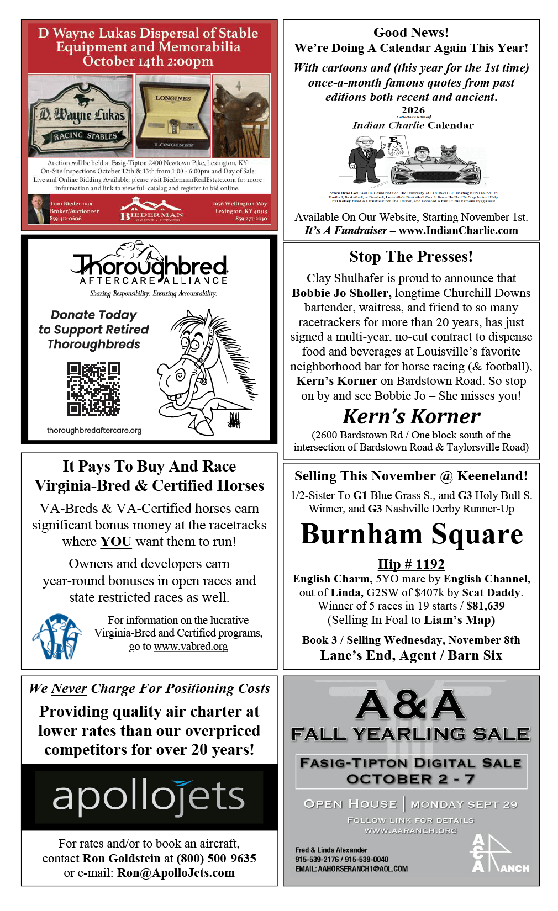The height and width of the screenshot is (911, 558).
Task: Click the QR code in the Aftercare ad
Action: pyautogui.click(x=94, y=388)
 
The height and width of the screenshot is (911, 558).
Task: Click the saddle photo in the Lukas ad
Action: pyautogui.click(x=241, y=116)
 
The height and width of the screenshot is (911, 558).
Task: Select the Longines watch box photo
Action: pyautogui.click(x=173, y=116)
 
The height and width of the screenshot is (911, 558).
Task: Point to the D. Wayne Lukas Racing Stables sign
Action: pyautogui.click(x=81, y=116)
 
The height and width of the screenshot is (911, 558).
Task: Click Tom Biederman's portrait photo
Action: pyautogui.click(x=38, y=210)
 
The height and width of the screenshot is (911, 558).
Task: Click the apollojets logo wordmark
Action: pyautogui.click(x=149, y=797)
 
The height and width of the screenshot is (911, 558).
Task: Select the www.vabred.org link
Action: pyautogui.click(x=191, y=646)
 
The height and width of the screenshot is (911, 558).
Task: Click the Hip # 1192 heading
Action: pyautogui.click(x=411, y=564)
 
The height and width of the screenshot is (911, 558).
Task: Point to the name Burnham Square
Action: pyautogui.click(x=412, y=534)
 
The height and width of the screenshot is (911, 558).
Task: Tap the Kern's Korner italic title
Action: pyautogui.click(x=411, y=416)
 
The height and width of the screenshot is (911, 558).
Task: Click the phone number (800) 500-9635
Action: pyautogui.click(x=217, y=858)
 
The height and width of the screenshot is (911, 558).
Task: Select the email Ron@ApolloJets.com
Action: pyautogui.click(x=176, y=872)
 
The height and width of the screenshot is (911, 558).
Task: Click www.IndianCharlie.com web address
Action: pyautogui.click(x=458, y=230)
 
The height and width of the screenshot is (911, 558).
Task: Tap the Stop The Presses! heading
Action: pyautogui.click(x=411, y=257)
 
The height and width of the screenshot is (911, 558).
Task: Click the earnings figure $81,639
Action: pyautogui.click(x=486, y=606)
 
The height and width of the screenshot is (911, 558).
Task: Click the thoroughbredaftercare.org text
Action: pyautogui.click(x=94, y=430)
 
